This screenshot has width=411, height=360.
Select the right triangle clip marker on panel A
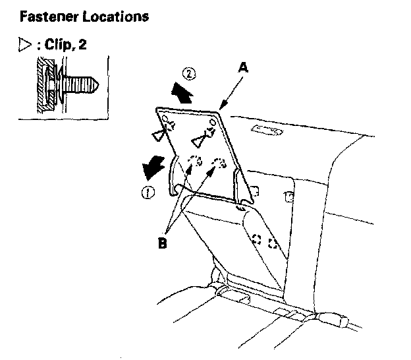coord(199,140)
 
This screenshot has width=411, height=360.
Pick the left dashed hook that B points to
coord(193,162)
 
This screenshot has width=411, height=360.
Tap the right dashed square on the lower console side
coord(272,244)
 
